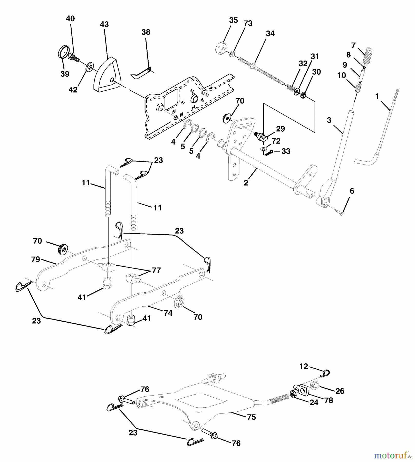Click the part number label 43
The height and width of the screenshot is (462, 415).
(104, 24)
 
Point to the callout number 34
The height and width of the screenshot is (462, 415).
(270, 34)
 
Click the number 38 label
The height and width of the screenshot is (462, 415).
(146, 32)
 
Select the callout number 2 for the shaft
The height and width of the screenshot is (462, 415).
(246, 183)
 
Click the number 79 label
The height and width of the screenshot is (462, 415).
(36, 259)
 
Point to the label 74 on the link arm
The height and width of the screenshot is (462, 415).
(168, 313)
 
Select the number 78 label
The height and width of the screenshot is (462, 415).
(329, 400)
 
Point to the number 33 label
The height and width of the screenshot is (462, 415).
(286, 151)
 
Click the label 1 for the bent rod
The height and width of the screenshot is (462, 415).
(377, 97)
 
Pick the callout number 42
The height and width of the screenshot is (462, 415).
(73, 90)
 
